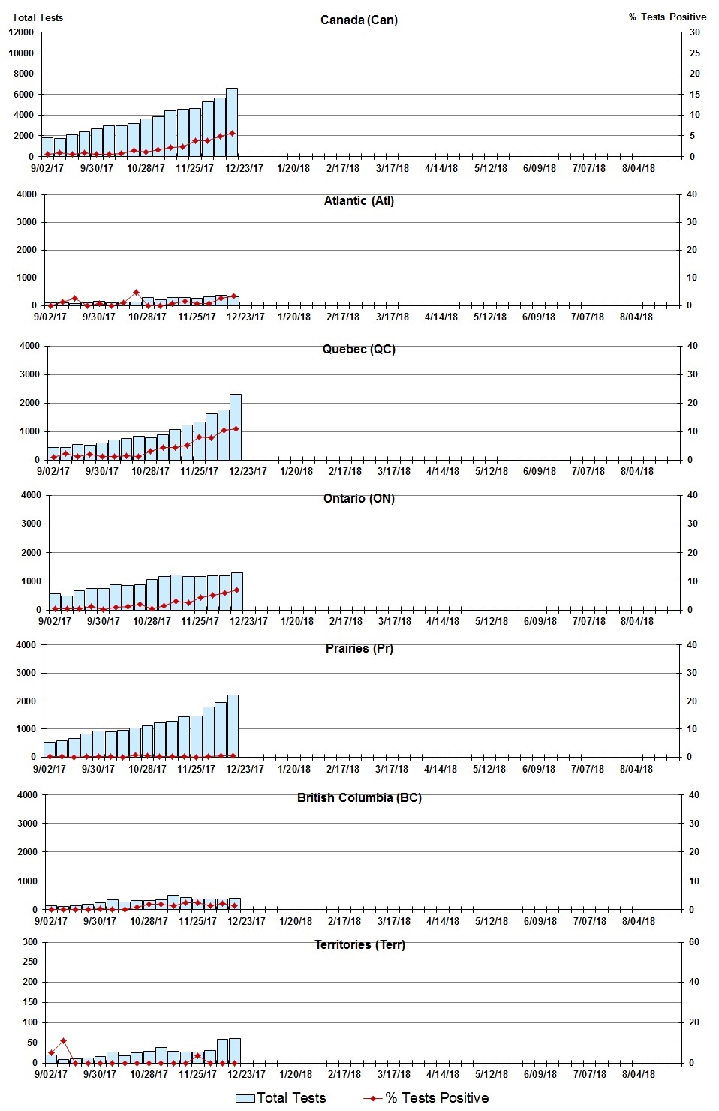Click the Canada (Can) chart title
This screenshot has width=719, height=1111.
click(x=359, y=20)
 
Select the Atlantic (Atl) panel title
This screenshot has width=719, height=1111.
click(x=359, y=200)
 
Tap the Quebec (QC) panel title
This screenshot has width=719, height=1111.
click(x=359, y=349)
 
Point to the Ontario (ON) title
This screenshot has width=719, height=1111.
click(x=359, y=498)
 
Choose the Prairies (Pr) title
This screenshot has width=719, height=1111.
click(x=359, y=648)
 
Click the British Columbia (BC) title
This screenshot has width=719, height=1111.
click(x=359, y=797)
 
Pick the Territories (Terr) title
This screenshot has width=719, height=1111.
click(x=359, y=944)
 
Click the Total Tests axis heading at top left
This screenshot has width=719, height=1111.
click(x=38, y=17)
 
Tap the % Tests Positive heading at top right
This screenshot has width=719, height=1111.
click(x=667, y=17)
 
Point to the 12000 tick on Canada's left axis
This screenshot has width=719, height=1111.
click(x=21, y=32)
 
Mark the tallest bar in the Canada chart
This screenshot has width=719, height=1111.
click(x=232, y=122)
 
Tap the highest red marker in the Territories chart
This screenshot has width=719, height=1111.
click(x=63, y=1041)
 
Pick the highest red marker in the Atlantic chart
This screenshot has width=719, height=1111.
click(x=136, y=293)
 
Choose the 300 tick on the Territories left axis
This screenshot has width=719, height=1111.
click(x=30, y=942)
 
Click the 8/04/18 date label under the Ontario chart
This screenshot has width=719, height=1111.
click(x=636, y=621)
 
